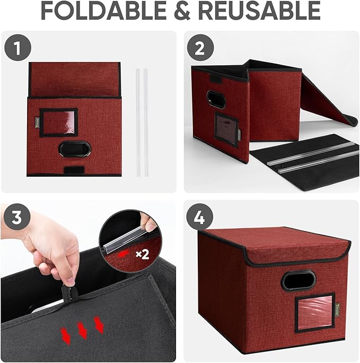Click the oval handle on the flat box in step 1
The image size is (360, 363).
(x=73, y=149)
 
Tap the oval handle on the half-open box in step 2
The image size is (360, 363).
(x=216, y=99)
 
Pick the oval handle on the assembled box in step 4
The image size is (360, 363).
(x=298, y=280)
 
